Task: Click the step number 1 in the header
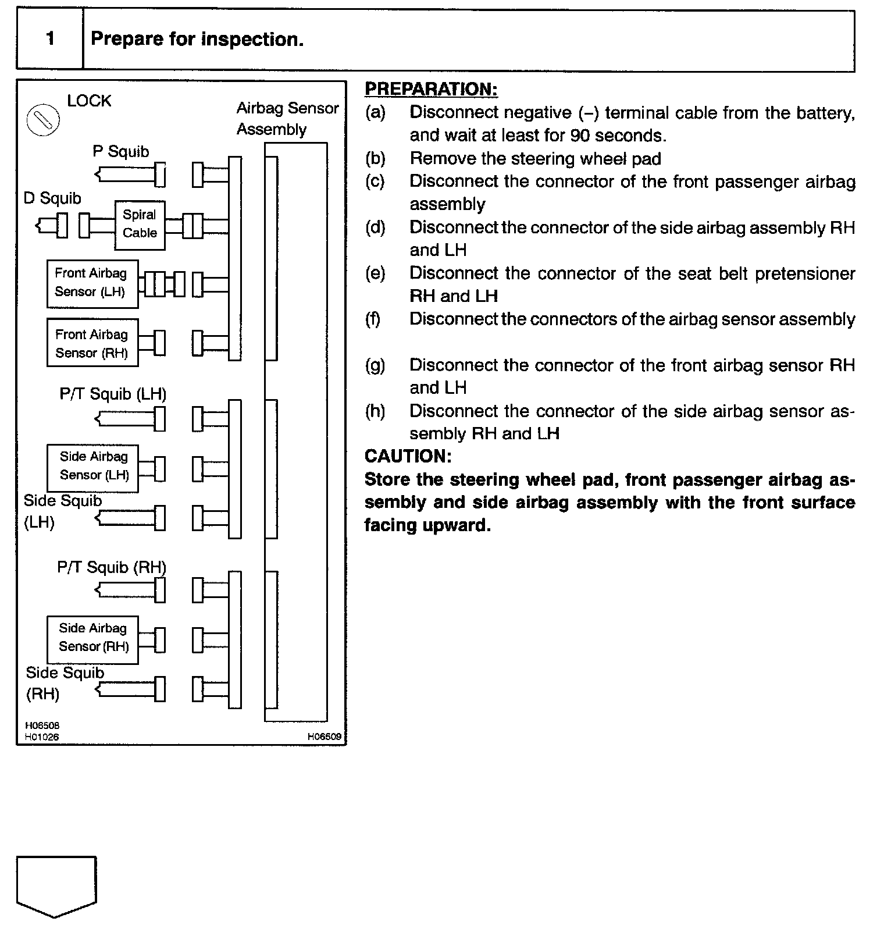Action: tap(50, 39)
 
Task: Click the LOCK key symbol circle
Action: tap(44, 120)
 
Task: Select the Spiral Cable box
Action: tap(140, 225)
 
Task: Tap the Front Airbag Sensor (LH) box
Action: tap(92, 283)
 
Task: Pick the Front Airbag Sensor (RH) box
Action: tap(92, 343)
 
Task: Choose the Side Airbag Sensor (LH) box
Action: tap(92, 467)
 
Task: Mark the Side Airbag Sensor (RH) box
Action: tap(92, 638)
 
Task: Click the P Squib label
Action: tap(120, 151)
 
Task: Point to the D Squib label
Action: tap(52, 198)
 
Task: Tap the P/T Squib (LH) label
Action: tap(113, 394)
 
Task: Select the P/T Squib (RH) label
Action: tap(112, 567)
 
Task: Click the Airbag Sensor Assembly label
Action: tap(287, 118)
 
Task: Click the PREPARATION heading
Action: tap(431, 89)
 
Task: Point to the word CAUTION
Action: tap(408, 456)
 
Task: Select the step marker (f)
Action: tap(375, 319)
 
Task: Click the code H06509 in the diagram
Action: tap(325, 737)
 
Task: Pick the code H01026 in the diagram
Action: tap(42, 737)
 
